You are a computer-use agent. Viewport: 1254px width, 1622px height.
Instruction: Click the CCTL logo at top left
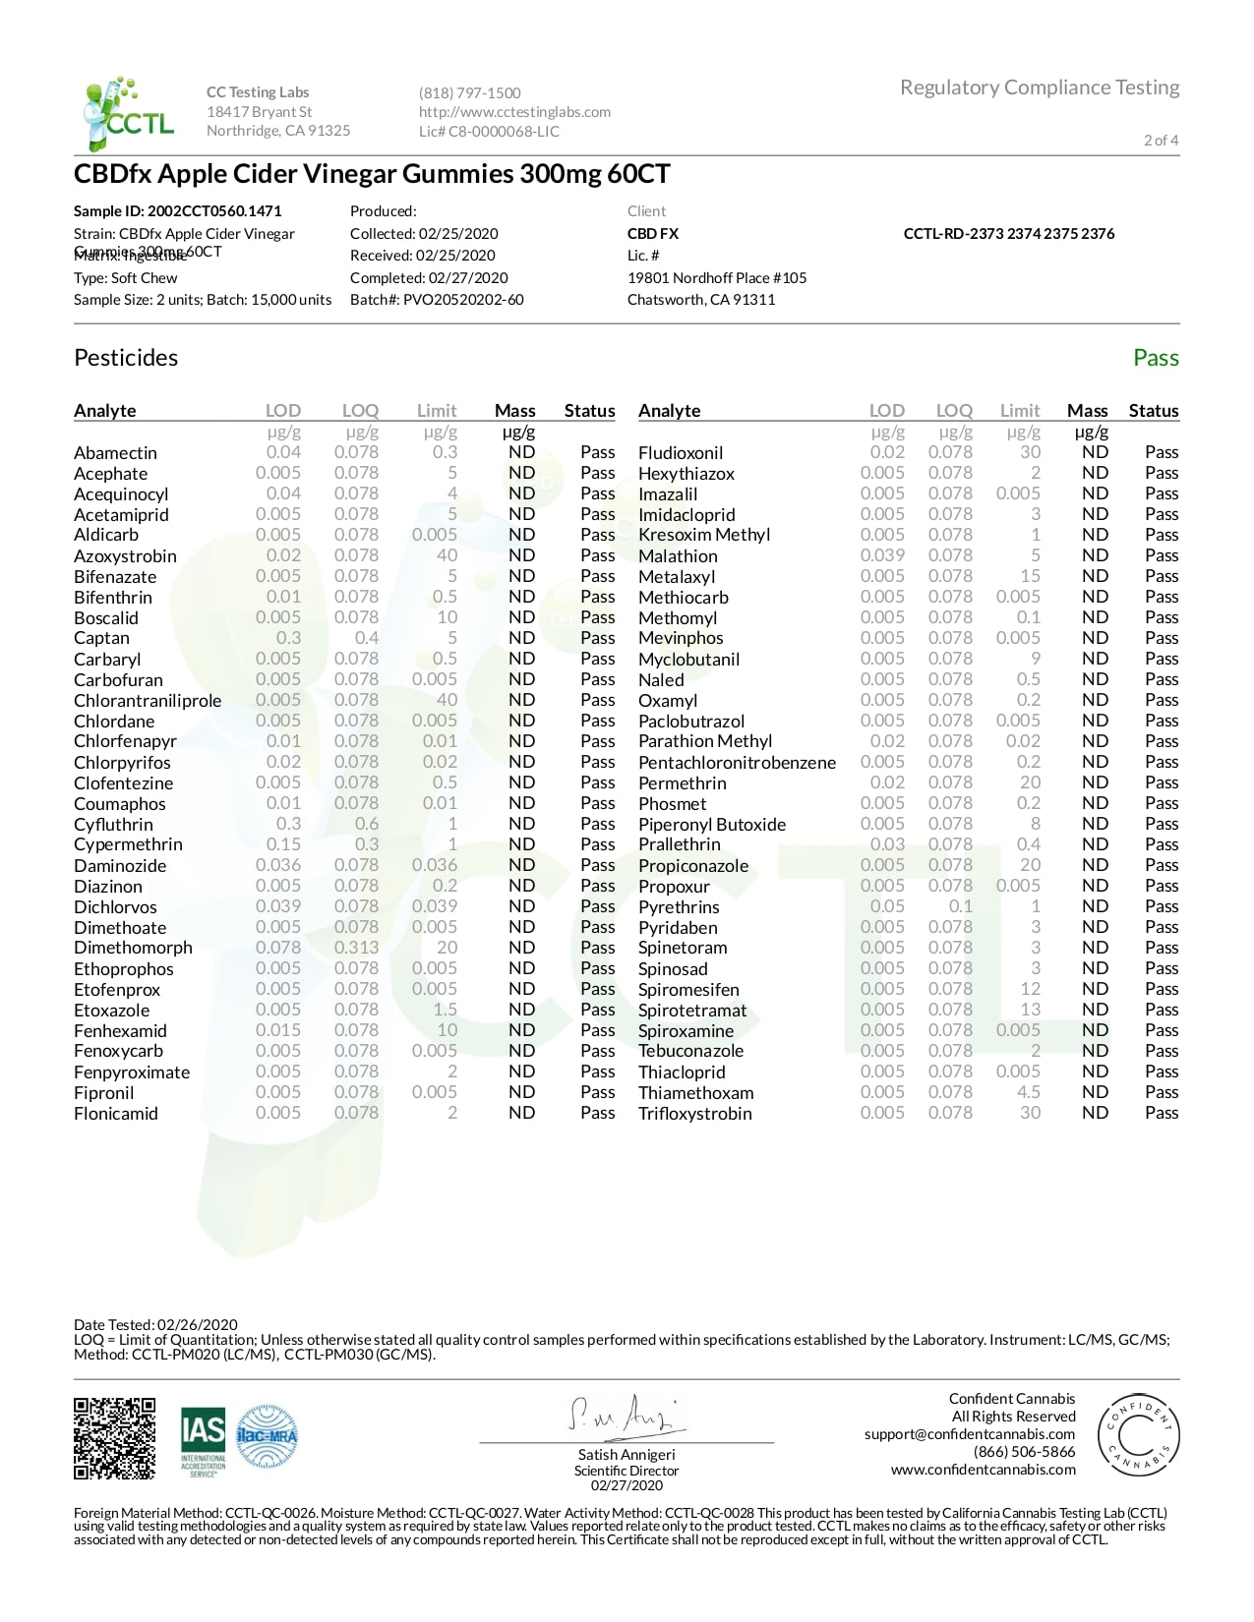(128, 113)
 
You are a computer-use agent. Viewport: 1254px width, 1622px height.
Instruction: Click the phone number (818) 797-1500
(469, 93)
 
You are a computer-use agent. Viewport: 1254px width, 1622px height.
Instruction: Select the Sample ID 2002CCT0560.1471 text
(178, 211)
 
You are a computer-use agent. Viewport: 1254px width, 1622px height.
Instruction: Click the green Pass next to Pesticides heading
(1156, 358)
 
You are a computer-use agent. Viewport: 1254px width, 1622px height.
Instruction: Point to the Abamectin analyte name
(115, 453)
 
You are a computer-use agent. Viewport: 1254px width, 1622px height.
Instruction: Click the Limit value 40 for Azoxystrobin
(447, 555)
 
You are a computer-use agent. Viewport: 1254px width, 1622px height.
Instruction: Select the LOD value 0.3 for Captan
(288, 638)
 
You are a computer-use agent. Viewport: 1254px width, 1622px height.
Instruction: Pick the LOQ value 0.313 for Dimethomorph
(355, 948)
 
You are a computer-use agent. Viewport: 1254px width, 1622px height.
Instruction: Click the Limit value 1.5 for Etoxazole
(445, 1010)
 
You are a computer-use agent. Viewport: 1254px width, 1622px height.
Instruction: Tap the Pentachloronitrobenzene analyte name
(737, 763)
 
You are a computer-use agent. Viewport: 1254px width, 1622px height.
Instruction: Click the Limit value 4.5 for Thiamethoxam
(1028, 1092)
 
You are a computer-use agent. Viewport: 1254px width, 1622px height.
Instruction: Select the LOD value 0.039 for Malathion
(882, 555)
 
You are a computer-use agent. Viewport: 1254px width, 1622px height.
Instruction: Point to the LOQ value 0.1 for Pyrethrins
(960, 906)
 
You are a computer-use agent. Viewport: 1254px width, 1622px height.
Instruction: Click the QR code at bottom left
(114, 1438)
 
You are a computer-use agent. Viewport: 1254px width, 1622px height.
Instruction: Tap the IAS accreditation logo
(203, 1440)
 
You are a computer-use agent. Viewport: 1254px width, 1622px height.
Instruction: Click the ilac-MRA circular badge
(267, 1437)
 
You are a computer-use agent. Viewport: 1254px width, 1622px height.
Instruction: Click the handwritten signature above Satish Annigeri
(626, 1416)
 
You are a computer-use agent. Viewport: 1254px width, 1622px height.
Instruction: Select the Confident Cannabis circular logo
(1138, 1436)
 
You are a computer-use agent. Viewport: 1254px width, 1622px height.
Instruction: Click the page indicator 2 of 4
(1161, 141)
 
